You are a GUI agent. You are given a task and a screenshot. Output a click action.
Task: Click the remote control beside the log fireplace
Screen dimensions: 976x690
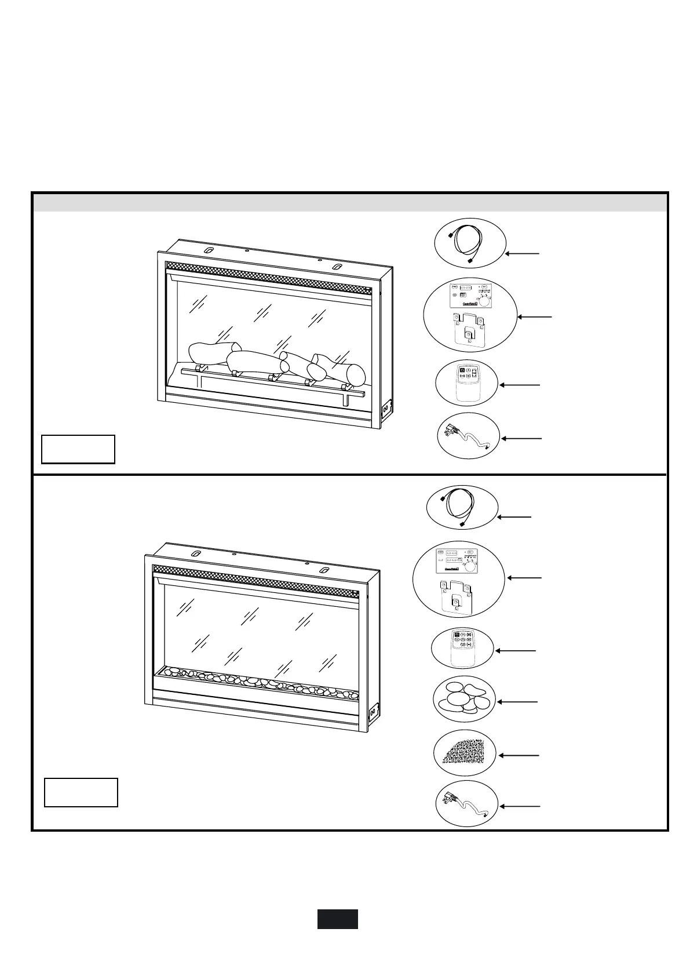coord(467,383)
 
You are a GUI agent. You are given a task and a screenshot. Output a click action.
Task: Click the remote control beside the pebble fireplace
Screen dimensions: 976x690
coord(462,647)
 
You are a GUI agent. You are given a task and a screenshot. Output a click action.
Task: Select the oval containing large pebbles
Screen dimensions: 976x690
coord(463,698)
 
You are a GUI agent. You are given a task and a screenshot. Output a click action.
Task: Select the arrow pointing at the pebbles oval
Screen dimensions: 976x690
coord(517,702)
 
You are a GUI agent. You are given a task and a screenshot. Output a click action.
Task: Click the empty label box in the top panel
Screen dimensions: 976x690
coord(78,449)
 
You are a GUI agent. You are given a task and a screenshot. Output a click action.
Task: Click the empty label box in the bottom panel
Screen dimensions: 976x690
coord(81,792)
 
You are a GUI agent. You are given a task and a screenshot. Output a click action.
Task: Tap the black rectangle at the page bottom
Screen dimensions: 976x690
coord(337,919)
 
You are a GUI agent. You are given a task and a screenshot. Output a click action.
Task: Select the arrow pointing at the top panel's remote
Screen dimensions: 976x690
coord(520,385)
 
